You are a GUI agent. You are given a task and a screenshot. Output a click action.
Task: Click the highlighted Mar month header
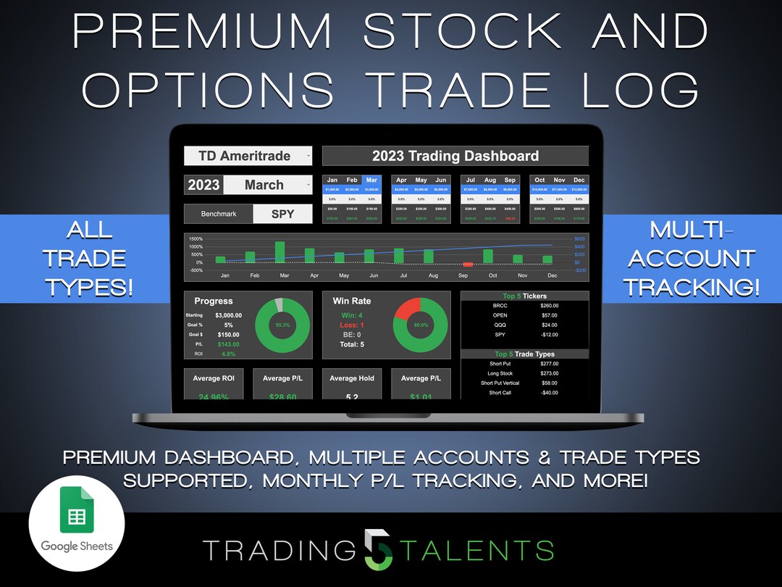(x=371, y=180)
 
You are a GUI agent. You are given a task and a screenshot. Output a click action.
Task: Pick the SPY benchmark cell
(x=282, y=214)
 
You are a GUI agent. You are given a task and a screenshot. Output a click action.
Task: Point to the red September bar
(x=468, y=265)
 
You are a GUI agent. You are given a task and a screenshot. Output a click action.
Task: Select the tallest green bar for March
(x=280, y=251)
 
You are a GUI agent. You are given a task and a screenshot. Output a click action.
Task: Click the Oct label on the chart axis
(x=494, y=275)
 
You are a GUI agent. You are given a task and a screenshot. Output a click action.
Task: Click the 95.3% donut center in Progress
(x=282, y=325)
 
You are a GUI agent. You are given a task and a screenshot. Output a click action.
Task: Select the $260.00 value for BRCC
(x=550, y=306)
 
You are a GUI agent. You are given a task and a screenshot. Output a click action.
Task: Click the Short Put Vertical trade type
(x=500, y=383)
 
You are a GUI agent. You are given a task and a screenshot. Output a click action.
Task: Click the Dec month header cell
(x=579, y=180)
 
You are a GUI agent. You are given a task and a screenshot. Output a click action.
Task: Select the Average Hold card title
(x=353, y=378)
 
